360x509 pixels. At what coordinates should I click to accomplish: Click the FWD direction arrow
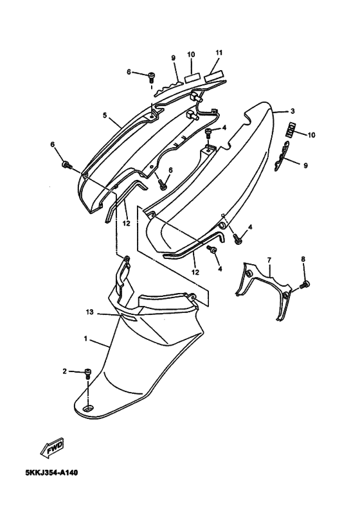pyautogui.click(x=52, y=448)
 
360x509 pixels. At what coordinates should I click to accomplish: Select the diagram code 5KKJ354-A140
pyautogui.click(x=51, y=472)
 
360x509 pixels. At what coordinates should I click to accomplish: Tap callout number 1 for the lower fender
pyautogui.click(x=85, y=339)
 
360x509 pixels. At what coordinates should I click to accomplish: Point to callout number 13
pyautogui.click(x=89, y=312)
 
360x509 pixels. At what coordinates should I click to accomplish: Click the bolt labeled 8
pyautogui.click(x=305, y=285)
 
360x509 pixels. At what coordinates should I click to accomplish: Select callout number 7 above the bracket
pyautogui.click(x=269, y=260)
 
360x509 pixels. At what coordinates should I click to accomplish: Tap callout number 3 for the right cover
pyautogui.click(x=292, y=111)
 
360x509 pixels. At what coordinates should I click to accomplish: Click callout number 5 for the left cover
pyautogui.click(x=105, y=115)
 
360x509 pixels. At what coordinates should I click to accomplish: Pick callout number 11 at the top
pyautogui.click(x=219, y=53)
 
